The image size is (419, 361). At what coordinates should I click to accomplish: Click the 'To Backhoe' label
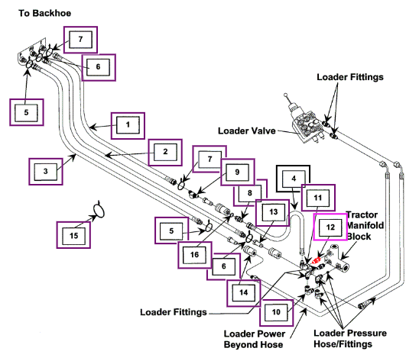pyautogui.click(x=44, y=13)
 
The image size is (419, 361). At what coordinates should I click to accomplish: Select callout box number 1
pyautogui.click(x=128, y=125)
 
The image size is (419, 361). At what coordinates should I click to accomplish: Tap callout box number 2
pyautogui.click(x=165, y=152)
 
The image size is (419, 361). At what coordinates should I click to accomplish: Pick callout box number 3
pyautogui.click(x=46, y=172)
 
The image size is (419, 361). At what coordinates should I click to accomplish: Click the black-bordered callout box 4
pyautogui.click(x=293, y=179)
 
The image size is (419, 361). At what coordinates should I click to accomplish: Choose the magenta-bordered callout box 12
pyautogui.click(x=330, y=227)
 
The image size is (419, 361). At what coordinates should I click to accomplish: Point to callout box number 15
pyautogui.click(x=73, y=235)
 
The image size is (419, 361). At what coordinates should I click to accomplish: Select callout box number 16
pyautogui.click(x=195, y=255)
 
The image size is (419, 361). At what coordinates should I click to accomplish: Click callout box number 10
pyautogui.click(x=276, y=312)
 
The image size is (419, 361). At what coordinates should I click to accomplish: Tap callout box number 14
pyautogui.click(x=243, y=293)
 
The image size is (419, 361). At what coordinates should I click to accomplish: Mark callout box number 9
pyautogui.click(x=238, y=172)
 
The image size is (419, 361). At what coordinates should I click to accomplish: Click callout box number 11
pyautogui.click(x=318, y=198)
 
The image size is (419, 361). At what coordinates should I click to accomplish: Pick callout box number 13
pyautogui.click(x=273, y=212)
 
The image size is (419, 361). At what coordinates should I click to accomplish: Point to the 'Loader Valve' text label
pyautogui.click(x=247, y=131)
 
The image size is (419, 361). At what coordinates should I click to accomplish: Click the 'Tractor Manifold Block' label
pyautogui.click(x=365, y=225)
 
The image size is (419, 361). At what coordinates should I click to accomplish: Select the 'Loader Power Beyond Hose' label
pyautogui.click(x=254, y=339)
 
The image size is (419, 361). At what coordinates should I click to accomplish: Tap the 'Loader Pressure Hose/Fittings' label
pyautogui.click(x=350, y=339)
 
